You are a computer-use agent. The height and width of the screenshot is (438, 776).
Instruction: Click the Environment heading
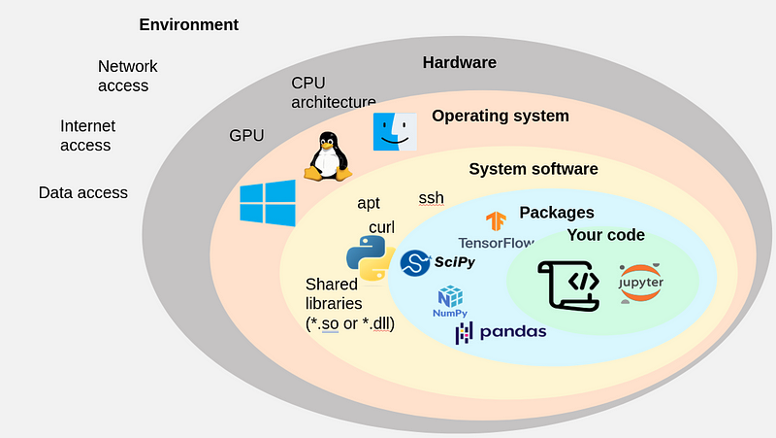(x=188, y=24)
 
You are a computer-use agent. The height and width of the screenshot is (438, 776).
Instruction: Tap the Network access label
(x=127, y=76)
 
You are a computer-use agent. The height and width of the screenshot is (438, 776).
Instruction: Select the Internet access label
(x=86, y=136)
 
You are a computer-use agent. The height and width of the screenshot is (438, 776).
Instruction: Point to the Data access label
(x=83, y=192)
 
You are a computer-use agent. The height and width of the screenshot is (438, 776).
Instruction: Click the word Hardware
(x=459, y=63)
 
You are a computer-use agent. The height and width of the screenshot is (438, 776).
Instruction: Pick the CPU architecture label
(x=334, y=92)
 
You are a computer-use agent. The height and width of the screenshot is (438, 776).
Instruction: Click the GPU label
(x=246, y=136)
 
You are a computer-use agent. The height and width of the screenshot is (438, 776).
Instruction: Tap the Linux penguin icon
(x=328, y=156)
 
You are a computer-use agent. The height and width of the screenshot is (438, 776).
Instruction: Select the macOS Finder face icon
(x=395, y=131)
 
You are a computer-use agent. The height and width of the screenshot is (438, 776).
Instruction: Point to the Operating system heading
(x=501, y=117)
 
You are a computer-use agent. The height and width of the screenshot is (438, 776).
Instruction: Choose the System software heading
(x=533, y=169)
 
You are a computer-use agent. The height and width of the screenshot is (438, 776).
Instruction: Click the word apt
(x=369, y=203)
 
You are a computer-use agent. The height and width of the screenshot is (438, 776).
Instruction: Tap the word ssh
(x=431, y=198)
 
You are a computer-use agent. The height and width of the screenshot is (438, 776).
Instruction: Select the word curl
(x=381, y=227)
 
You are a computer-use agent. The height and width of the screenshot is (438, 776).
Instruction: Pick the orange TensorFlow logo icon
(x=497, y=221)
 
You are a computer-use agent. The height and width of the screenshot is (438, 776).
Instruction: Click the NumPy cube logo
(x=450, y=297)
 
